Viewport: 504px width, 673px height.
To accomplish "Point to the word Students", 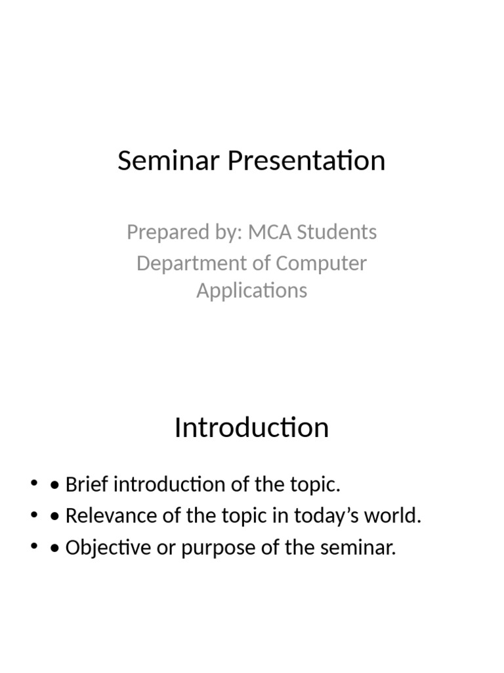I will [x=339, y=232].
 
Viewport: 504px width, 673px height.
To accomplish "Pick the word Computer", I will [x=321, y=264].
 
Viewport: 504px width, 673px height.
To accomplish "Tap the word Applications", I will [x=251, y=290].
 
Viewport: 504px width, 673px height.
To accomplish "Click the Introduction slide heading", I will [x=251, y=428].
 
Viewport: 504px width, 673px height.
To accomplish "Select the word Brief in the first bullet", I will [x=85, y=486].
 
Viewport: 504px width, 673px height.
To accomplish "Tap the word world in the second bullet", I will [x=394, y=517].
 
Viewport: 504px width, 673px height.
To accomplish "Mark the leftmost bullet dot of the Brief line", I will [x=34, y=486].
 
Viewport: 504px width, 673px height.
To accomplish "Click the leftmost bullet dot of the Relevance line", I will [x=34, y=517].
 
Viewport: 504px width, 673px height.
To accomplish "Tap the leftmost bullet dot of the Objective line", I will [x=34, y=547].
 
